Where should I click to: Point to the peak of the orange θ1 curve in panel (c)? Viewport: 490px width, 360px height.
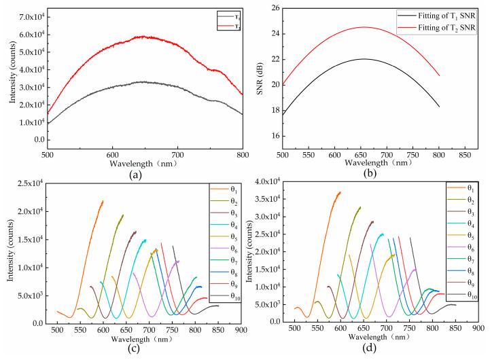[103, 201]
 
